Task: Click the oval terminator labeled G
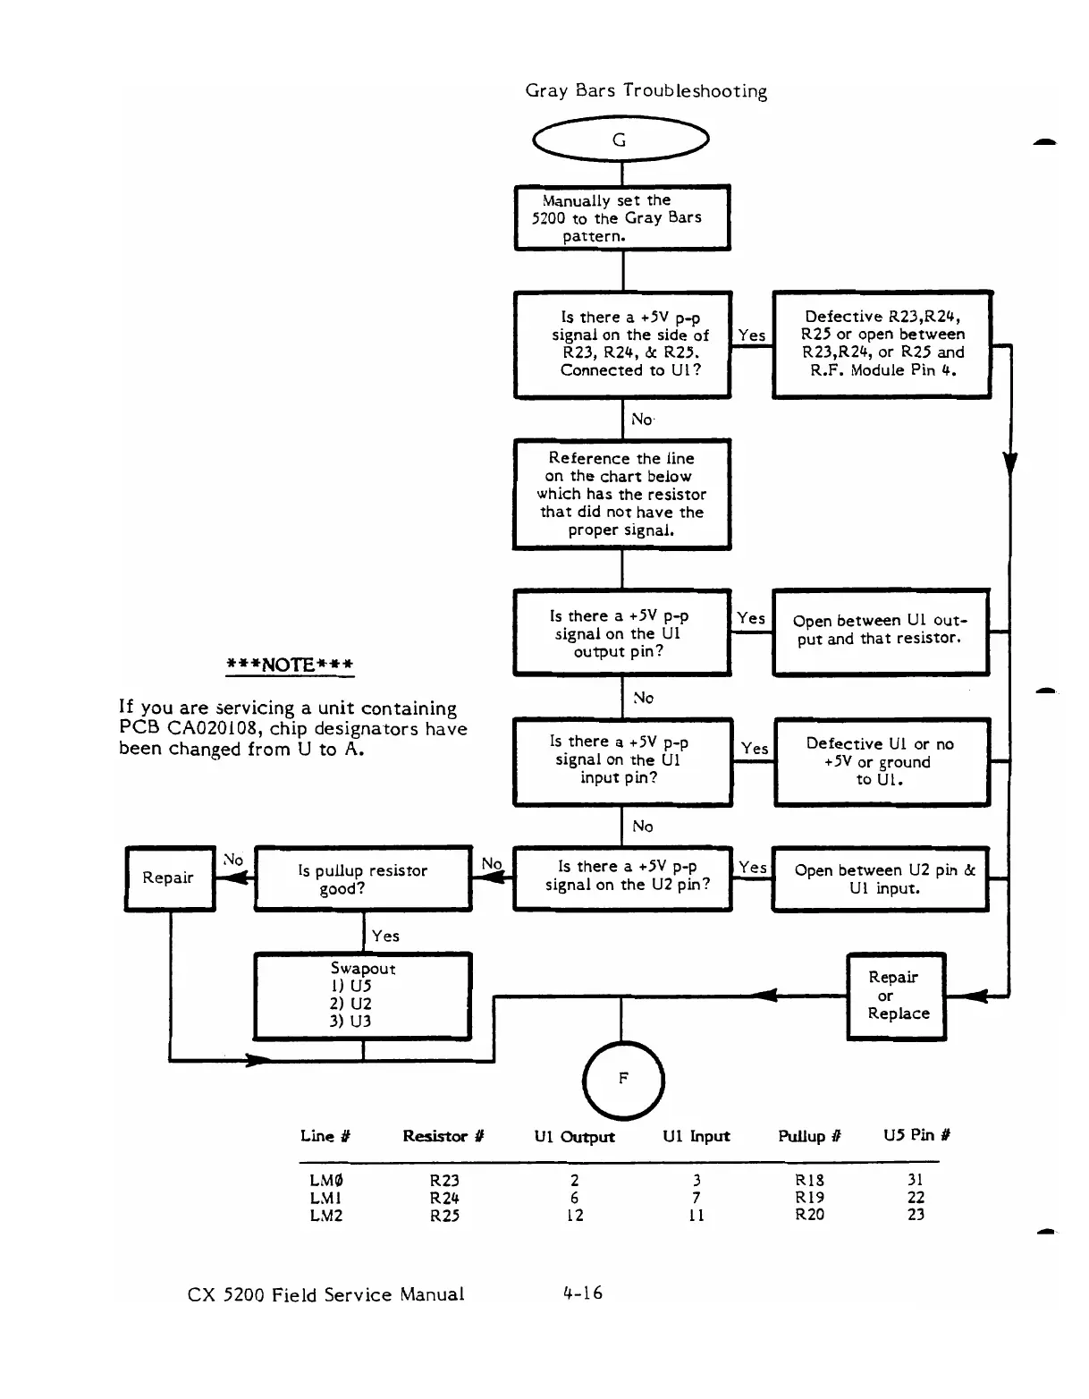[620, 140]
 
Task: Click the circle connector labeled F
[622, 1079]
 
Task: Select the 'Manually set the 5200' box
[622, 218]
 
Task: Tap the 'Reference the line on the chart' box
[622, 494]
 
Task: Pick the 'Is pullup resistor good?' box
[363, 879]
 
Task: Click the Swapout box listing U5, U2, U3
[363, 996]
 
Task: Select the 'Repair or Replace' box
[896, 996]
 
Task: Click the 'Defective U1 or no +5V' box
[882, 762]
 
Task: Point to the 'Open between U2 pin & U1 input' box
[882, 879]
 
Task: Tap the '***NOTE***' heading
[291, 665]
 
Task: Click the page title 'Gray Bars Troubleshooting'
[646, 91]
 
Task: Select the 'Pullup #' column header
[809, 1136]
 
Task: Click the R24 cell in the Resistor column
[444, 1198]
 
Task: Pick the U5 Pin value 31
[916, 1180]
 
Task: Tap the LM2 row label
[325, 1216]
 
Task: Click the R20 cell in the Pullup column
[809, 1215]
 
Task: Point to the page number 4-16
[583, 1293]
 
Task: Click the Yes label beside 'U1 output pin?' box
[751, 618]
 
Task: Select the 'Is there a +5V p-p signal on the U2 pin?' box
[622, 878]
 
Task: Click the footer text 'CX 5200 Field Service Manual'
[325, 1294]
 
